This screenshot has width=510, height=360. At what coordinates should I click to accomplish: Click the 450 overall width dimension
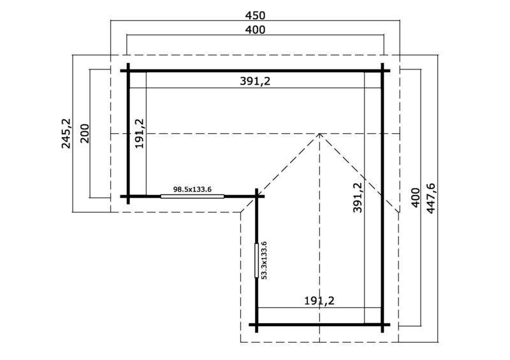[255, 15]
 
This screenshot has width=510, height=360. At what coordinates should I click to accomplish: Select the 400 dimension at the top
[255, 29]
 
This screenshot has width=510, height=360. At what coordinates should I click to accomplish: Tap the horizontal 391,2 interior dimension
[255, 82]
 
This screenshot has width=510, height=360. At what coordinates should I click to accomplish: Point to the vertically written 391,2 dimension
[358, 197]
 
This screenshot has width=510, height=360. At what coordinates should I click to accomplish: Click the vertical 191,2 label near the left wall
[140, 133]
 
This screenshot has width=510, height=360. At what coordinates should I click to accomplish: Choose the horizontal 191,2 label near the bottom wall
[319, 301]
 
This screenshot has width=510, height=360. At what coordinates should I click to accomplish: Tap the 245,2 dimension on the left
[66, 133]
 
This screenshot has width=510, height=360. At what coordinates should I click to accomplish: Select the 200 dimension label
[84, 133]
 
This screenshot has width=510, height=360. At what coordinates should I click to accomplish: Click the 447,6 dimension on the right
[431, 198]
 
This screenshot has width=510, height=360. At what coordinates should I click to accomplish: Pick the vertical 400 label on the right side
[416, 198]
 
